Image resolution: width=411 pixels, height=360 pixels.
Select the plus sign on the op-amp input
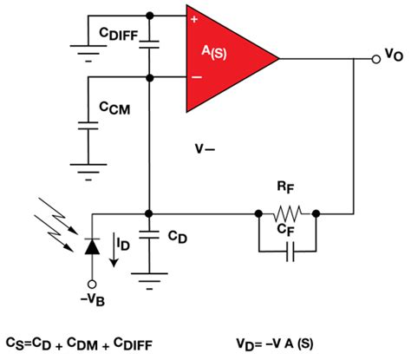click(x=193, y=16)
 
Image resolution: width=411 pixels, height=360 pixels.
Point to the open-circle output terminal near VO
click(x=374, y=58)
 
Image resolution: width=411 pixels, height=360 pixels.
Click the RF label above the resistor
click(x=286, y=186)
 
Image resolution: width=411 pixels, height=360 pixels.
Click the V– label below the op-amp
click(x=206, y=150)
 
